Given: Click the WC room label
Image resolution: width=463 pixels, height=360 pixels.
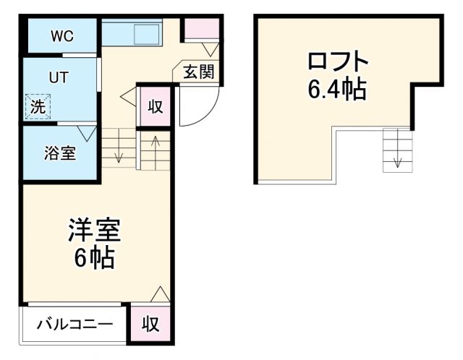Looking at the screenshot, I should coord(61,37).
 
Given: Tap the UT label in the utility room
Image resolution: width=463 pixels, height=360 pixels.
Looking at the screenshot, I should coord(58,77).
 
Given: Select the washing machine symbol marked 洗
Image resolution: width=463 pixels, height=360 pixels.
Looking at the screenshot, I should coord(37,106).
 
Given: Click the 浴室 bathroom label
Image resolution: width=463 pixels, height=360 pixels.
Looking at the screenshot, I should coord(60,153).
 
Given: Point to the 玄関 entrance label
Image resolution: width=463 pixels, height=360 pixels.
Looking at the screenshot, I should coord(197,72).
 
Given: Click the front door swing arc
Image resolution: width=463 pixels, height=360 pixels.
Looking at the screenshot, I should coord(195,108).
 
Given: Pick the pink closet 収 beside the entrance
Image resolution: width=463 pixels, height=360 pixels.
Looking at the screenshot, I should coord(155,106).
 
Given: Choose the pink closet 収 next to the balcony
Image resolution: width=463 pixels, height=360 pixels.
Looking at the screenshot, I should coord(150,323).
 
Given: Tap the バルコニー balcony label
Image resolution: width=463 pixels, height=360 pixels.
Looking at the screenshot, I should coord(75,324).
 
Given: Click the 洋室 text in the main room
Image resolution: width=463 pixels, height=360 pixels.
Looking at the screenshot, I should coord(94,230).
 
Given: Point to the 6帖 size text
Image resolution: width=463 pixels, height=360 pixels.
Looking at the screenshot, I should coord(94,257).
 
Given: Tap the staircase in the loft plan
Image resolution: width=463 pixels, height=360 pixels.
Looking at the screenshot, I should coord(396,150).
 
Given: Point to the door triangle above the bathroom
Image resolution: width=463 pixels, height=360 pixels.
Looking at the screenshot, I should coord(89,133).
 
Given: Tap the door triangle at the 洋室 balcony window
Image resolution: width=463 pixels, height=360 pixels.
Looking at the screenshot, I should coord(161,294).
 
